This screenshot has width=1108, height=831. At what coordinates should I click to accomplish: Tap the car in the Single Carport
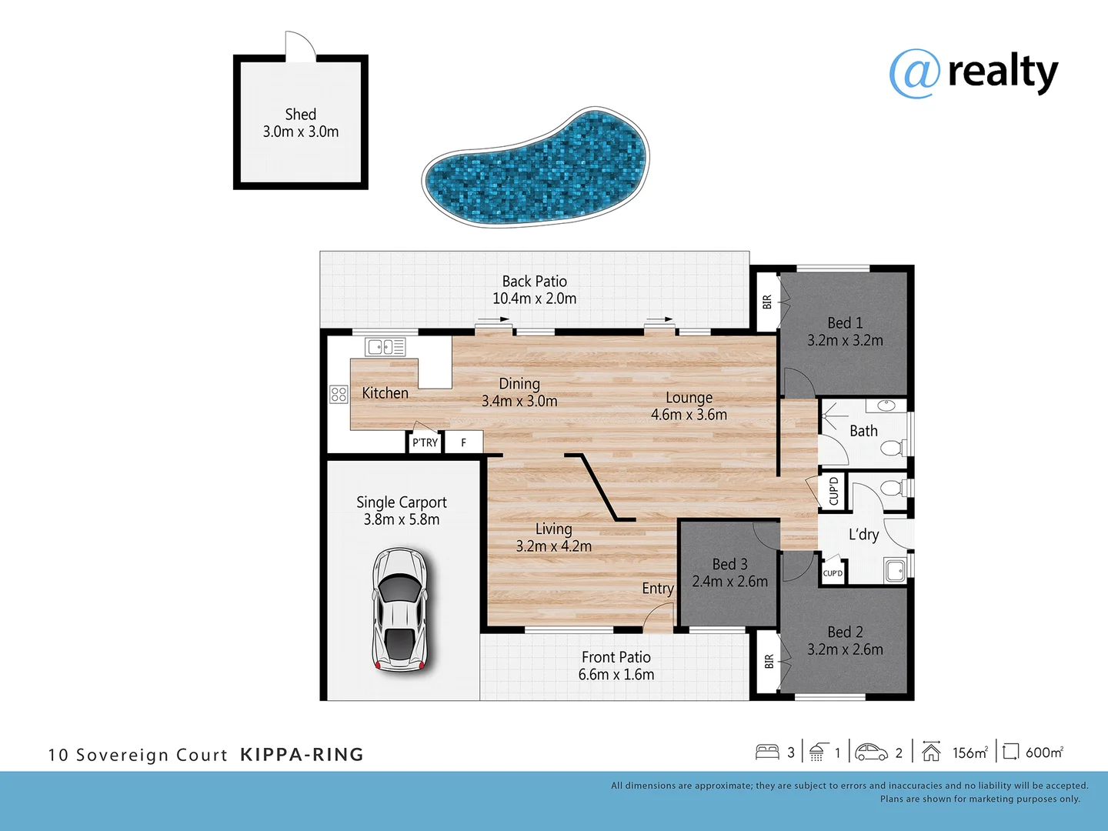(399, 609)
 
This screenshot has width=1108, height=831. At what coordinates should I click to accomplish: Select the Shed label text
(300, 115)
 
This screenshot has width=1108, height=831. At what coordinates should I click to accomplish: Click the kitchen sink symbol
(385, 347)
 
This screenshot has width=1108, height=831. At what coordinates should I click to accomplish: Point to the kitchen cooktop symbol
(339, 395)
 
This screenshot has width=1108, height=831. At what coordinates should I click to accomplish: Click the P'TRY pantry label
(425, 442)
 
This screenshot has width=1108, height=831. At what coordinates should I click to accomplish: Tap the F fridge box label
(463, 442)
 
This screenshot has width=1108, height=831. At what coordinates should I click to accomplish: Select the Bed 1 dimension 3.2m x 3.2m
(845, 341)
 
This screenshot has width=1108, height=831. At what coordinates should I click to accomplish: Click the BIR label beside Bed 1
(766, 302)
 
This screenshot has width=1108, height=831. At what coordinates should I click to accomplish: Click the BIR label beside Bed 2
(769, 661)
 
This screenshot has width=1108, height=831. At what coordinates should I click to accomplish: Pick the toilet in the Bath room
(892, 448)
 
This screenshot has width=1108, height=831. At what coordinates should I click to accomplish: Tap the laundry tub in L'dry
(895, 570)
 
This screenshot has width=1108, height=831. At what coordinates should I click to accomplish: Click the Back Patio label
(534, 282)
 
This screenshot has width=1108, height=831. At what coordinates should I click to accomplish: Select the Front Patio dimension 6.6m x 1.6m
(616, 675)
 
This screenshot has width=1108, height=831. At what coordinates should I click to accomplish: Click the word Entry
(657, 589)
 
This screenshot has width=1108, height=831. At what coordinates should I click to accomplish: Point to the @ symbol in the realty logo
(914, 74)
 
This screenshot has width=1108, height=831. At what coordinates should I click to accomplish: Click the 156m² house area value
(969, 753)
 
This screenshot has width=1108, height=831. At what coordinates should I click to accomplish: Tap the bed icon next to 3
(767, 752)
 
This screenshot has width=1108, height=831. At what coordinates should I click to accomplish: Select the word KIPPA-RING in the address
(302, 755)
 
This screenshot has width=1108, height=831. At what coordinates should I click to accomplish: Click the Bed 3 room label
(729, 564)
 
